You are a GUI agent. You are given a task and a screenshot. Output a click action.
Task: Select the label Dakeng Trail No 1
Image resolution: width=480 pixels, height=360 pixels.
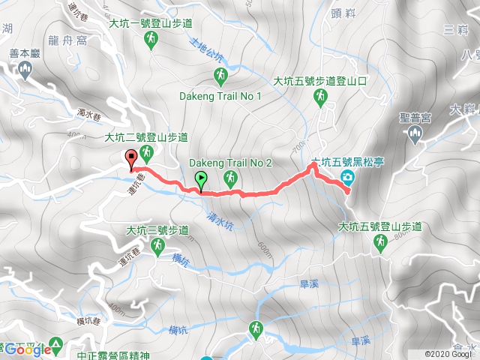[x=220, y=96]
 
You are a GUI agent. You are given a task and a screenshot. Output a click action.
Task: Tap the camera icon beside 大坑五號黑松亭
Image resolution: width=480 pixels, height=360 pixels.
[x=347, y=177]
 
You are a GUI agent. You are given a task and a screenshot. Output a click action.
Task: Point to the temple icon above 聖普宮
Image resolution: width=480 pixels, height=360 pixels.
[x=417, y=134]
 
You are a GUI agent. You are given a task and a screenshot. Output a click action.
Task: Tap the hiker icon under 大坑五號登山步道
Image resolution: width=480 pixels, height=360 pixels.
[x=380, y=241]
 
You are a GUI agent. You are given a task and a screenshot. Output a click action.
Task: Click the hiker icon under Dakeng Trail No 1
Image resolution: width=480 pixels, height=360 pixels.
[x=221, y=75]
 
